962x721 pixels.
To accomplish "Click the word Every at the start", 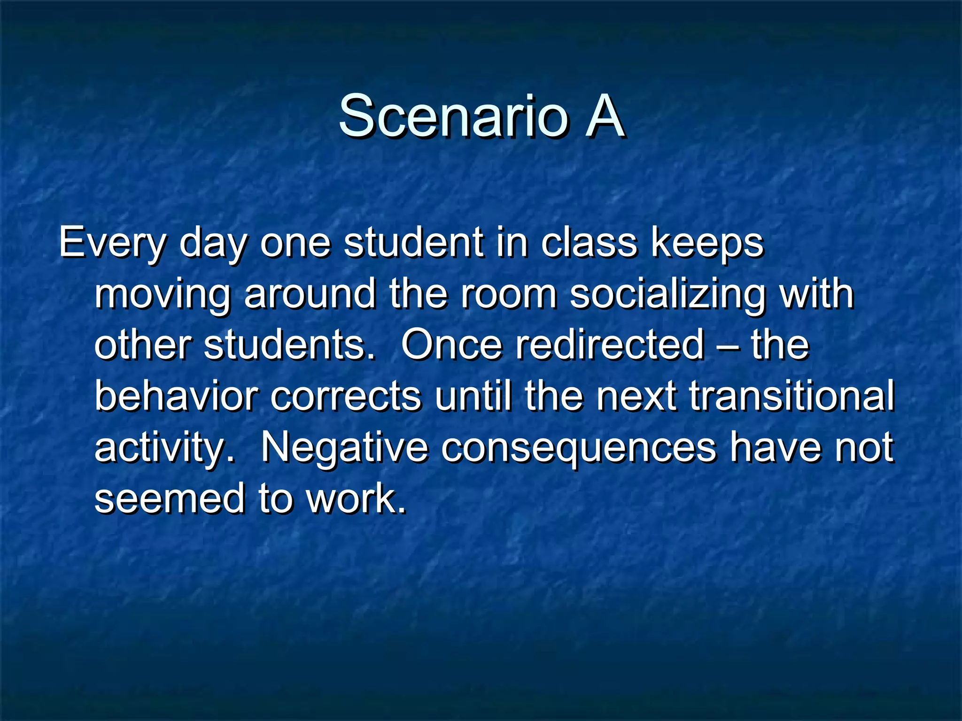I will (x=112, y=243).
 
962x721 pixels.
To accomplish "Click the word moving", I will (x=163, y=295).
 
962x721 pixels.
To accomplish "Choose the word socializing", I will (x=667, y=295).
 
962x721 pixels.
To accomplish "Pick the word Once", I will (x=451, y=345).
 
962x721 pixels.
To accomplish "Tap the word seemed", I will (x=170, y=499).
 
